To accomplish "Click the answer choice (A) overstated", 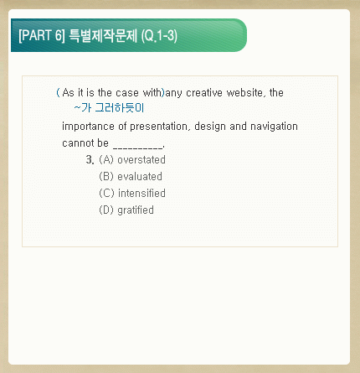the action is point(132,160).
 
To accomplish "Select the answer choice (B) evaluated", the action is point(131,177).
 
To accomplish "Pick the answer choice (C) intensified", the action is point(132,194).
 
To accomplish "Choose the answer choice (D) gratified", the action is point(126,210).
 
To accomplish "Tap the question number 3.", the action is point(90,160).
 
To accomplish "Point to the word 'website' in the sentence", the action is point(244,93).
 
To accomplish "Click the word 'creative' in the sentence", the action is point(204,93).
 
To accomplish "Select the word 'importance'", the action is point(88,127).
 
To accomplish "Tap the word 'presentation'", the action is point(159,127).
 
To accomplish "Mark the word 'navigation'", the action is point(274,127).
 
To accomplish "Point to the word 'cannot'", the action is point(78,143).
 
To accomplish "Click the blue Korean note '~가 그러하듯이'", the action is point(109,107).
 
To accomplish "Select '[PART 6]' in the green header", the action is point(42,35).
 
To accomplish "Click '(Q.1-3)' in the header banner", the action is point(159,36).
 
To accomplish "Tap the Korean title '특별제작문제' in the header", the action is point(103,35).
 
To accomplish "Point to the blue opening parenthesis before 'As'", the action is point(58,92).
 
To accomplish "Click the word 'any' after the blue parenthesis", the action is point(173,94).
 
